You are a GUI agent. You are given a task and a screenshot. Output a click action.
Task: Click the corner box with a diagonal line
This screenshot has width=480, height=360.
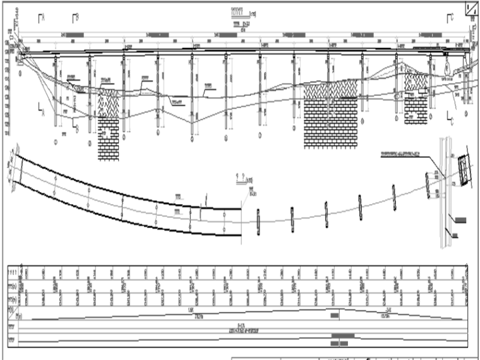click(x=471, y=8)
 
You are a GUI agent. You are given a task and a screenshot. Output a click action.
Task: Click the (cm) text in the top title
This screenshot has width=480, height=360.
click(x=252, y=11)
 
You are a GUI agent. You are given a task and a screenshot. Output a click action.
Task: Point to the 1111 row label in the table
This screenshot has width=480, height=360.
click(x=13, y=270)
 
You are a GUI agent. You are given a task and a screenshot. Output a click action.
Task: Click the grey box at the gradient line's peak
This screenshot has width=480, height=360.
click(x=334, y=313)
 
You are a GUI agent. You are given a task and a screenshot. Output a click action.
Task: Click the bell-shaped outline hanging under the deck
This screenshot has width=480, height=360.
click(x=446, y=64)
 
